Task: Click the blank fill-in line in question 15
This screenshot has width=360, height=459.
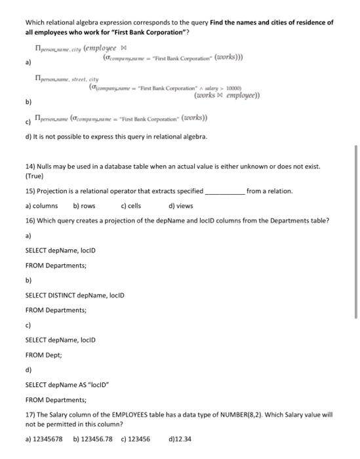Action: pos(225,192)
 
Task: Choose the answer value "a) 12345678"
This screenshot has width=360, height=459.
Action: pos(44,439)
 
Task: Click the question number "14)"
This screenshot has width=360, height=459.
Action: pos(30,167)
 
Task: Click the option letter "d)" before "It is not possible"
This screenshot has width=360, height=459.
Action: pos(28,136)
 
